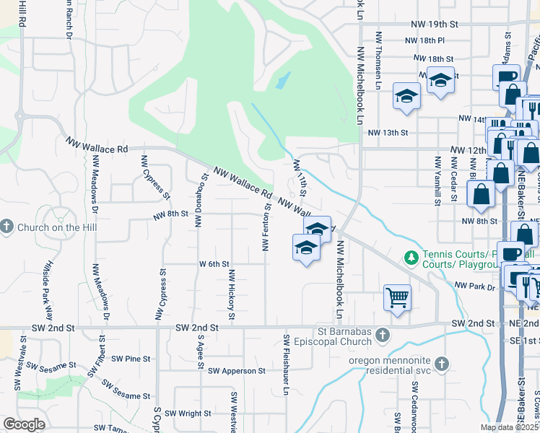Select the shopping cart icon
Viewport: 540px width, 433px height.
click(x=397, y=297)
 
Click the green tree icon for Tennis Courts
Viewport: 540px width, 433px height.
click(x=411, y=257)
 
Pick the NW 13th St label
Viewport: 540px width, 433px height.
click(x=388, y=133)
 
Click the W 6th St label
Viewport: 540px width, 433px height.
click(x=214, y=264)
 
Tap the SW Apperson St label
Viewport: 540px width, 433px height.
click(x=237, y=371)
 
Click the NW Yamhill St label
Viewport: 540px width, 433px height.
click(x=437, y=180)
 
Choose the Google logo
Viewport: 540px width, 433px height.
click(x=24, y=424)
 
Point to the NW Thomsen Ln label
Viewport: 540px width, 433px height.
click(x=378, y=61)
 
